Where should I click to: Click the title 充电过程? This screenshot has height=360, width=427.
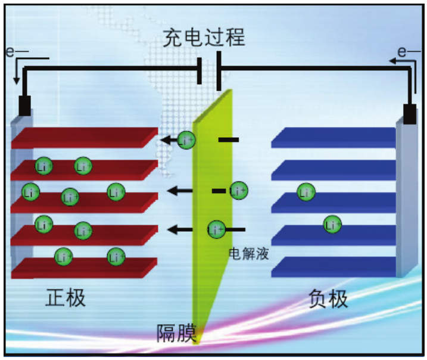pyautogui.click(x=204, y=38)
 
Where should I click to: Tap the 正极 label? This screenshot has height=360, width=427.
pyautogui.click(x=66, y=298)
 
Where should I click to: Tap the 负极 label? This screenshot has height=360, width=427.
pyautogui.click(x=329, y=298)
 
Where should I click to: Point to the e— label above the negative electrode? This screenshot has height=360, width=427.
pyautogui.click(x=409, y=52)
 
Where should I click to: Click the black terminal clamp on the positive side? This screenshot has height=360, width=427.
pyautogui.click(x=25, y=105)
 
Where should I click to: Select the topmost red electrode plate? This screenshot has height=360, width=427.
pyautogui.click(x=83, y=138)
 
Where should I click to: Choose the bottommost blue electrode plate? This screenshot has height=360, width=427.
pyautogui.click(x=334, y=267)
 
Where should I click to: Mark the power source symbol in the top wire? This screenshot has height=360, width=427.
pyautogui.click(x=210, y=70)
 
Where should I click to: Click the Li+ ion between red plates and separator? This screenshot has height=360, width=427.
pyautogui.click(x=186, y=141)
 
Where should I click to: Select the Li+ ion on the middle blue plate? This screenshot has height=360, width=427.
pyautogui.click(x=306, y=192)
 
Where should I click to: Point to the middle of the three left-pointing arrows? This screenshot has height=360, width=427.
pyautogui.click(x=180, y=191)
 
